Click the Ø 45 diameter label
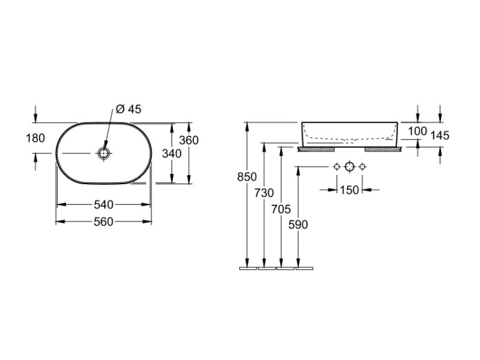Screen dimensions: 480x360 point(129,109)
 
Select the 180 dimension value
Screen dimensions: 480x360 point(35,138)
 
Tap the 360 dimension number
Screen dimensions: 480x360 point(189,141)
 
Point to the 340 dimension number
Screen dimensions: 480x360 point(172,154)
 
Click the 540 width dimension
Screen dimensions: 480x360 point(104,205)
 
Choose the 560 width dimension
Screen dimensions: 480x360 point(104,222)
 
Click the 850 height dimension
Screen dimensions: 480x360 point(247,176)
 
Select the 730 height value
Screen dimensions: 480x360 point(264,193)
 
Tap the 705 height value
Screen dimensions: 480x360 point(282,210)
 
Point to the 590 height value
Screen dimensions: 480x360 point(298,225)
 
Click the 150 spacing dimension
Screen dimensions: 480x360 point(349,190)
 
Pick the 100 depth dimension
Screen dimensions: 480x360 point(417,131)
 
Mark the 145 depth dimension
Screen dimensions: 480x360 point(440,135)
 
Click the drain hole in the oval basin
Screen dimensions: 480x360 point(104,153)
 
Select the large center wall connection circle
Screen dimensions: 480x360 point(349,167)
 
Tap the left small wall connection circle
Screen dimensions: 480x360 point(337,167)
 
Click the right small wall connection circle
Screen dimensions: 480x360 point(362,167)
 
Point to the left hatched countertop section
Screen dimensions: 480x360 point(316,149)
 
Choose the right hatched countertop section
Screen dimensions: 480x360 point(383,149)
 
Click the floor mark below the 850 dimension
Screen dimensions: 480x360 point(248,269)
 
